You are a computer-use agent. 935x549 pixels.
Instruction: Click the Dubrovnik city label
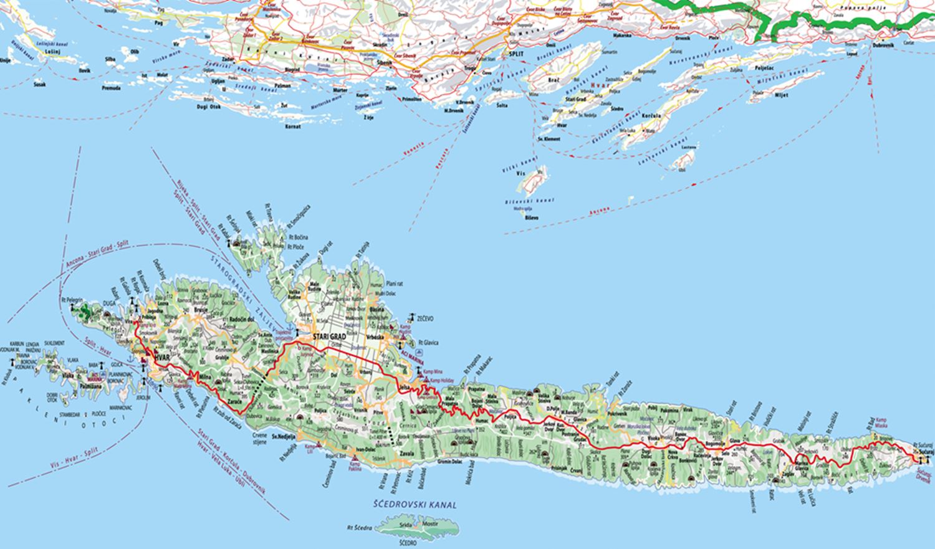click(x=884, y=46)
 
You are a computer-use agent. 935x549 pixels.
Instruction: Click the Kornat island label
click(x=292, y=127)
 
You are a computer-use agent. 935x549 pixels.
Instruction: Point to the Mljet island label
click(x=782, y=95)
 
